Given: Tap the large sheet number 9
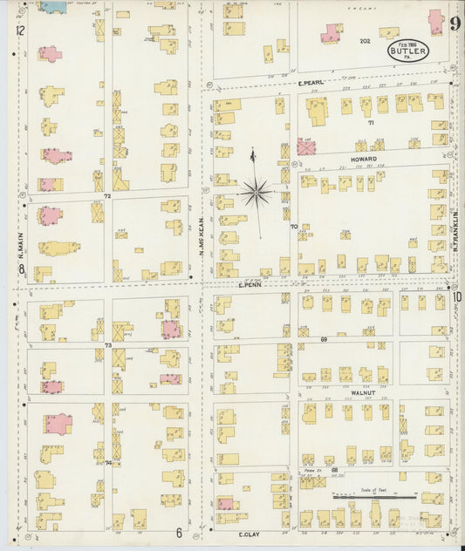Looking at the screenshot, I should pos(455,23).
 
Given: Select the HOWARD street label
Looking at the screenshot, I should pos(363,160).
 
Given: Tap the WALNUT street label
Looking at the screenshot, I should pos(362,393).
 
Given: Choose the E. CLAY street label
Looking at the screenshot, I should pos(250,532).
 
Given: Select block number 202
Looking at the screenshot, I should pos(365,41).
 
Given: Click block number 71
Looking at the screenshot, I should pos(370,123).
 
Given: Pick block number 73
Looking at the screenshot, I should pos(108,345).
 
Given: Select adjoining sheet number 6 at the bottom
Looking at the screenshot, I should pos(178,533).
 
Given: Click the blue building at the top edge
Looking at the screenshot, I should pos(53,7).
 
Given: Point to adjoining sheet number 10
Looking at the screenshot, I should pos(456,296).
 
